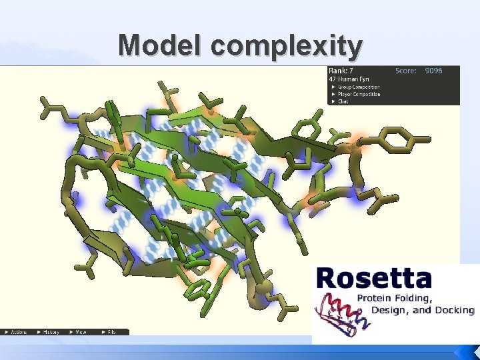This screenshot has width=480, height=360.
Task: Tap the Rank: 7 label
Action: tap(341, 70)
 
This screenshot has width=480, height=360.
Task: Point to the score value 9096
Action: tap(433, 70)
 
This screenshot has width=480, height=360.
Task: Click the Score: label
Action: tap(405, 70)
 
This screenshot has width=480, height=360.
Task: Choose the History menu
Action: tap(50, 331)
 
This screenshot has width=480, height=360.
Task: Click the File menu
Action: tap(109, 331)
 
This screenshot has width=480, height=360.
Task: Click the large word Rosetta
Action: tap(374, 278)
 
